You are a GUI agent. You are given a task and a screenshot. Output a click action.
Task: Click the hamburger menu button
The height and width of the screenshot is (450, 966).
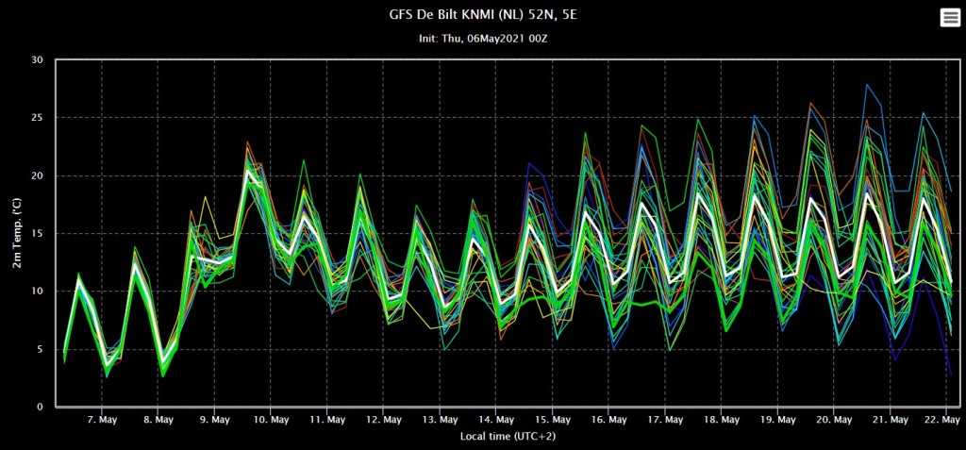point(950,18)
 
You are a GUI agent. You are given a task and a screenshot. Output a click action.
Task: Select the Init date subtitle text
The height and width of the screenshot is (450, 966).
point(483,39)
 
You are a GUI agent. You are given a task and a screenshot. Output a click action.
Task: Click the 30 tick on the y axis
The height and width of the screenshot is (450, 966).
point(37,59)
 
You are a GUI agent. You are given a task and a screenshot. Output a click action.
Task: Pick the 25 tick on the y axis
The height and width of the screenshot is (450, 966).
point(37,118)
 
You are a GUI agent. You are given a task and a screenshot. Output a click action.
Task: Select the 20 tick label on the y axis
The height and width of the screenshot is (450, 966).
point(37,175)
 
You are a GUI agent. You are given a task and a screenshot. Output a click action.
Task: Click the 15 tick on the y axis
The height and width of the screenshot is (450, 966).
point(37,234)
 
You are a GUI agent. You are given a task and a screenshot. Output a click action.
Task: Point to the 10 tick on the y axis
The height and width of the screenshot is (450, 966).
point(37,291)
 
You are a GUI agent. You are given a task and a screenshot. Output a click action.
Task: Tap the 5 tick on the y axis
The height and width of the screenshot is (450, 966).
point(40,349)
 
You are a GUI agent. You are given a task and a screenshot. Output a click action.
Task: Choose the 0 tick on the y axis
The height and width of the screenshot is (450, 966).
point(40,407)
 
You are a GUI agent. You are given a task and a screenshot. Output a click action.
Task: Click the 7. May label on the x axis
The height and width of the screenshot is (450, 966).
point(101,420)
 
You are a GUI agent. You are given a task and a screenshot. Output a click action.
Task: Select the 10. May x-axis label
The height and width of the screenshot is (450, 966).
point(271,420)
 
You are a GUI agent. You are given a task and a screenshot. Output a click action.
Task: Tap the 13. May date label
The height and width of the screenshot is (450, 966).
point(440,420)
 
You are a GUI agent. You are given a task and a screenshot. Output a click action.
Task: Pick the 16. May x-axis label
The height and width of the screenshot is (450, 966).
point(608,420)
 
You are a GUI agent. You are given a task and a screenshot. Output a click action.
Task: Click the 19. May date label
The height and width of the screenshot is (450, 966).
point(777,420)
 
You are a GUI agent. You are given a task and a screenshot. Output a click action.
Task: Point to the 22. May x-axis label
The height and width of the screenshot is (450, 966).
point(942,420)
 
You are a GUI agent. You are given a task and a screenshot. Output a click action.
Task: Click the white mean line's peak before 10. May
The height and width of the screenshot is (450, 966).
point(248,171)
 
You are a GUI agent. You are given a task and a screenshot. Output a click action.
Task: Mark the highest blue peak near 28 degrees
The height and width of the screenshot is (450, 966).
point(867,85)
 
